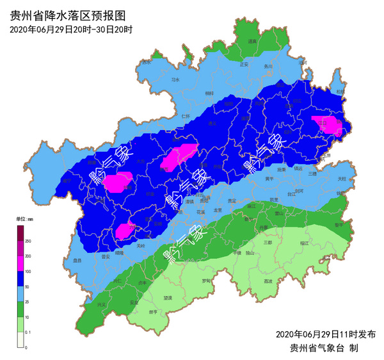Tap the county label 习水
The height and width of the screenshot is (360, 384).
[x=175, y=80]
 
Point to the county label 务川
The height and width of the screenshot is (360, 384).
[x=269, y=66]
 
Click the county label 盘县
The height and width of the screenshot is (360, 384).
[x=77, y=261]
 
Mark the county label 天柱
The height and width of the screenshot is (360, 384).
[x=341, y=178]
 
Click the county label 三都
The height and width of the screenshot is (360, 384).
[x=268, y=243]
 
